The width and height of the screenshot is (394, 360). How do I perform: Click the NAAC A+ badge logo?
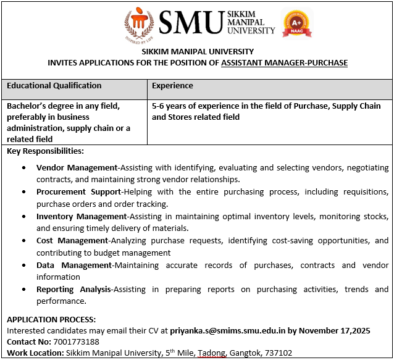(297, 24)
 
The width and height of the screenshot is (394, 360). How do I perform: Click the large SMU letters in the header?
(190, 23)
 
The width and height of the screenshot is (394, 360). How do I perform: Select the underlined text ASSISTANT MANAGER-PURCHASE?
(284, 63)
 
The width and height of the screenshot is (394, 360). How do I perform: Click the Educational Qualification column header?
(54, 86)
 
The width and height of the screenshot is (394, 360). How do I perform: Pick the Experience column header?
(172, 86)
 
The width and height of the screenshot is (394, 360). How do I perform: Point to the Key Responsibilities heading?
(45, 151)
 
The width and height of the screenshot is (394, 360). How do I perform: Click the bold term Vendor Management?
(77, 168)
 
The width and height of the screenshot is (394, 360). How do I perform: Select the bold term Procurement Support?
(79, 193)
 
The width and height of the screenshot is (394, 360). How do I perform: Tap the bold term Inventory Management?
(81, 217)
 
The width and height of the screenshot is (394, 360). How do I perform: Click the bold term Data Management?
(74, 266)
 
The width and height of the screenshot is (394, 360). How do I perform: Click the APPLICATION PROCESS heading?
(51, 319)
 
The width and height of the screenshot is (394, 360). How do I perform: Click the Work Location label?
(35, 353)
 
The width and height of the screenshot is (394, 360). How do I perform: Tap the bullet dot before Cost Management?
(23, 241)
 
